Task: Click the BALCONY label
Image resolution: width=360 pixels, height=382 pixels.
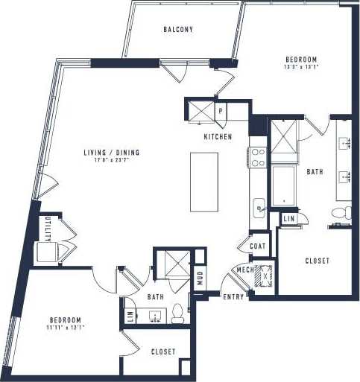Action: click(x=178, y=30)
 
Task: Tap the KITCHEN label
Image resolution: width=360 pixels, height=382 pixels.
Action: click(x=218, y=137)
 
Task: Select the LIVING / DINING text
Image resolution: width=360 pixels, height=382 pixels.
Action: click(x=112, y=153)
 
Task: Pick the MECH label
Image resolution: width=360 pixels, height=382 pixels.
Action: click(x=244, y=270)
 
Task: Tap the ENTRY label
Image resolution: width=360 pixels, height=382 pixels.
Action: click(x=233, y=297)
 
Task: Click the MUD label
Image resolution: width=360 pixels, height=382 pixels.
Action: click(x=200, y=278)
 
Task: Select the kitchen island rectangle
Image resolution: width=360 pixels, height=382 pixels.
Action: click(x=204, y=182)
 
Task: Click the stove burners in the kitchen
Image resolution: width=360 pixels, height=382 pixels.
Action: click(x=258, y=157)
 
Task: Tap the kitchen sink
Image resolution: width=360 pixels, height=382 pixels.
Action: click(x=259, y=207)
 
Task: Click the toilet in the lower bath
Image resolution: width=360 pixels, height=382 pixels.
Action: click(x=177, y=313)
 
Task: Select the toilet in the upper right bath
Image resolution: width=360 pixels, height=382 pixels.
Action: click(x=338, y=214)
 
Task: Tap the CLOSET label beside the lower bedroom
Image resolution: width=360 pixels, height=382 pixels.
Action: click(x=163, y=352)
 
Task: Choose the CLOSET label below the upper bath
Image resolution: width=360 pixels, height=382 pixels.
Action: click(x=318, y=261)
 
